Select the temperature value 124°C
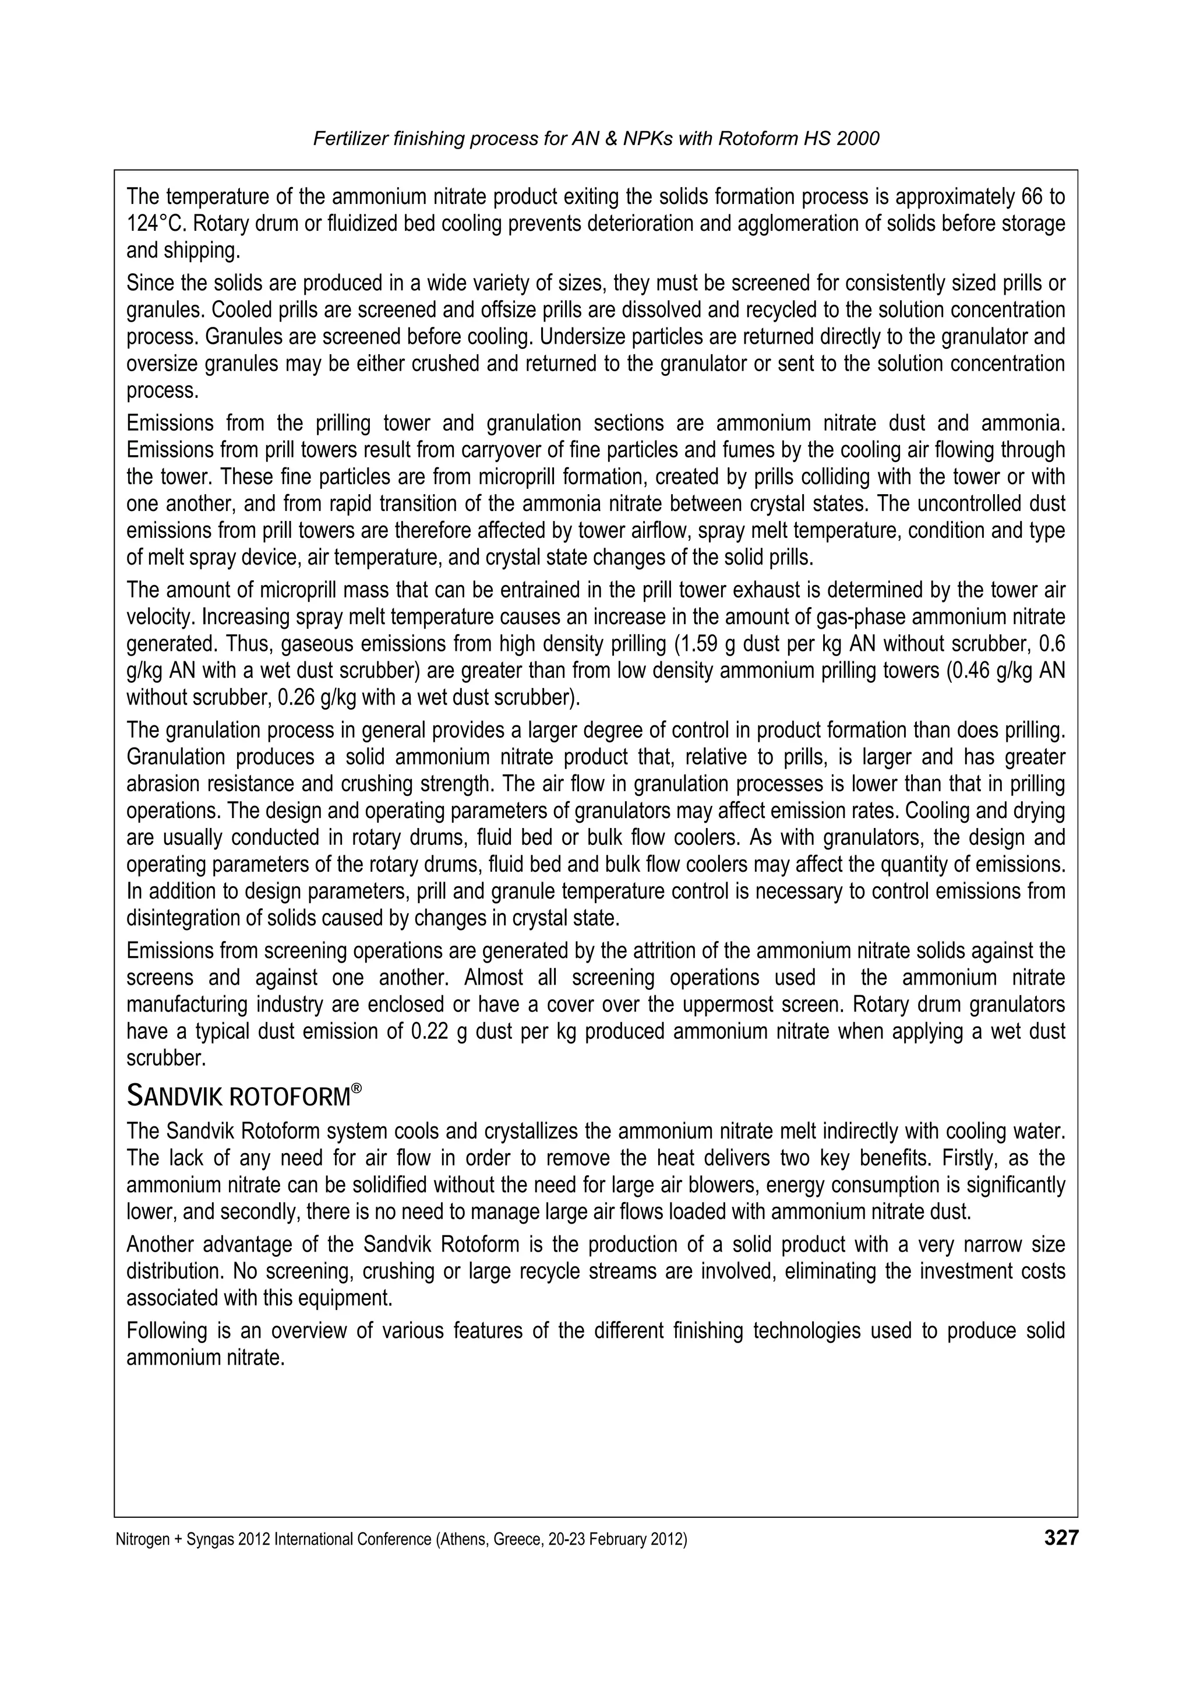(150, 224)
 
